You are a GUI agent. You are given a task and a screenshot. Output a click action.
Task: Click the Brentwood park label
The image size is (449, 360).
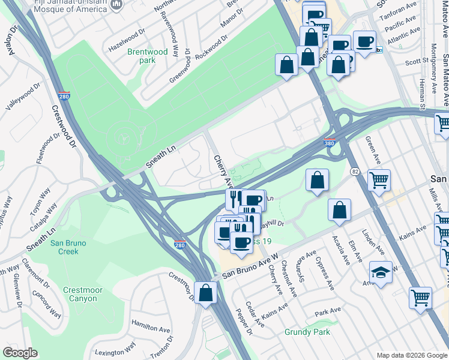coord(147,56)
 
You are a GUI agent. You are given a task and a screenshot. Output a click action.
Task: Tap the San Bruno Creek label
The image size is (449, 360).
coord(68,247)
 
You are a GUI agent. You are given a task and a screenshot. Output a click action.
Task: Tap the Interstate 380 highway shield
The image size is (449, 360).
coord(330,143)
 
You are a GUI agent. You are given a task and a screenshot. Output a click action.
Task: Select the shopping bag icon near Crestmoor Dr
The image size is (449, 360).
coord(206,295)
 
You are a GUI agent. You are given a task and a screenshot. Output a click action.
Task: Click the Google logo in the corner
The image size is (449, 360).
coord(20,352)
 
